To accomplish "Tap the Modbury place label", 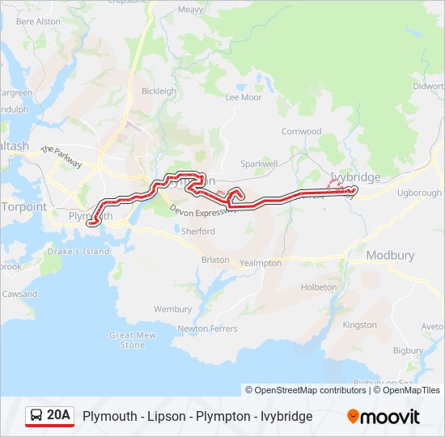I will (390, 255).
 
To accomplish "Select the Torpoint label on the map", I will (23, 206).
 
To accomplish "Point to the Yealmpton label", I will (261, 263).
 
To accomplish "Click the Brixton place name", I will (215, 260).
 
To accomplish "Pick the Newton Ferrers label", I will (207, 329).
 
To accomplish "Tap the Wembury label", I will (172, 309).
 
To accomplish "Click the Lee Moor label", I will (244, 97).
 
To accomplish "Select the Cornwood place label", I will (301, 131).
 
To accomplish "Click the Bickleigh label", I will (159, 91).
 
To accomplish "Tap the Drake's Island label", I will (79, 252).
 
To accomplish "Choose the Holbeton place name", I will (318, 287).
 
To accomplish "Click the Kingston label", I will (360, 325).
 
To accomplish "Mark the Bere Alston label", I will (38, 21).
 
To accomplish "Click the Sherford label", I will (198, 231).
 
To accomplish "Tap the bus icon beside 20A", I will (36, 416).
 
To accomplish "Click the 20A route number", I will (59, 416).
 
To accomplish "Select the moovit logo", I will (384, 417).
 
